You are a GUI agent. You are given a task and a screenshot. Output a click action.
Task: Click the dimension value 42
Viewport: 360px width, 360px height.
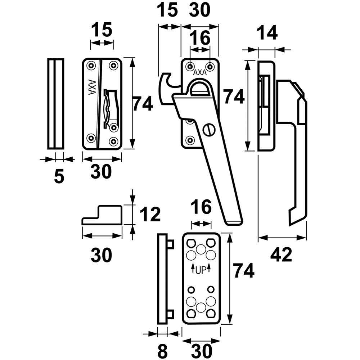coord(281,255)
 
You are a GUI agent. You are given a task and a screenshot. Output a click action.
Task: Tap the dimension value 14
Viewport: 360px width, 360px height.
coord(267,33)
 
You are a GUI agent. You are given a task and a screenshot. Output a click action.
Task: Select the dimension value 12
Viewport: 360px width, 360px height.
coord(150,214)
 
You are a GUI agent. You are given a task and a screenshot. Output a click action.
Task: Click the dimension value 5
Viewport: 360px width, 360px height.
coord(59,176)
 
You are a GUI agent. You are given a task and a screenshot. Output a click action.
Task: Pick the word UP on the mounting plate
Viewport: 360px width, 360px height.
coord(201,271)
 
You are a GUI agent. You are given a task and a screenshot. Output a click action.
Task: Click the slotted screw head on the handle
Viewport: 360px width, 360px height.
coord(209,131)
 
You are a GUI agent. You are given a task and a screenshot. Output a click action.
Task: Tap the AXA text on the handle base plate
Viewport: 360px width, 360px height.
coord(200,72)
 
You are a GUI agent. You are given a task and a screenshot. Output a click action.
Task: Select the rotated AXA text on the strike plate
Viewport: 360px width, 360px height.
coord(91,87)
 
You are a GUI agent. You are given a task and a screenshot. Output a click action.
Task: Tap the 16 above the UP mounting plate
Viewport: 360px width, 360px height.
coord(201,207)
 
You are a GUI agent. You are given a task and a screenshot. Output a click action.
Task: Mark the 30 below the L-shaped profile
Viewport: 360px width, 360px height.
coord(101,255)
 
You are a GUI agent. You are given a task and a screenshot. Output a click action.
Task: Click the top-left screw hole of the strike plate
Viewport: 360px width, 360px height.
coord(91,66)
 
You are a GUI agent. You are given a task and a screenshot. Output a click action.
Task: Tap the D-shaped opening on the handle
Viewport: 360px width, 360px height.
coord(199,89)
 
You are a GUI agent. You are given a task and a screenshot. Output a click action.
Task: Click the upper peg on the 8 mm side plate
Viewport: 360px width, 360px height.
coord(170,244)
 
